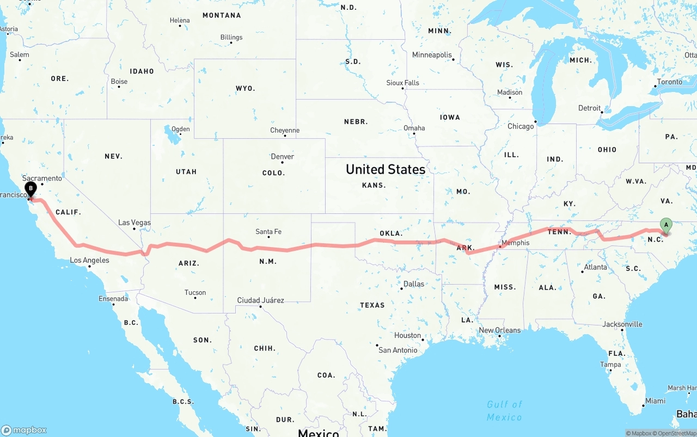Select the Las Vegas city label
point(134,223)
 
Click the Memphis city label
point(515,243)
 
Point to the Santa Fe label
point(268,232)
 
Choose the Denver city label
point(282,157)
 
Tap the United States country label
point(386,169)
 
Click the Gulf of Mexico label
point(505,410)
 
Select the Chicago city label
point(521,126)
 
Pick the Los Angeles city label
point(89,260)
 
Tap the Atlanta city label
point(595,267)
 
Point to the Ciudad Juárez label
point(260,300)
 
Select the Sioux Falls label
point(403,83)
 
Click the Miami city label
point(655,401)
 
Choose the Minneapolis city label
point(432,55)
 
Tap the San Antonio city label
point(398,350)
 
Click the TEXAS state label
point(372,305)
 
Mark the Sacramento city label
point(42,178)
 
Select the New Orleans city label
point(499,330)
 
